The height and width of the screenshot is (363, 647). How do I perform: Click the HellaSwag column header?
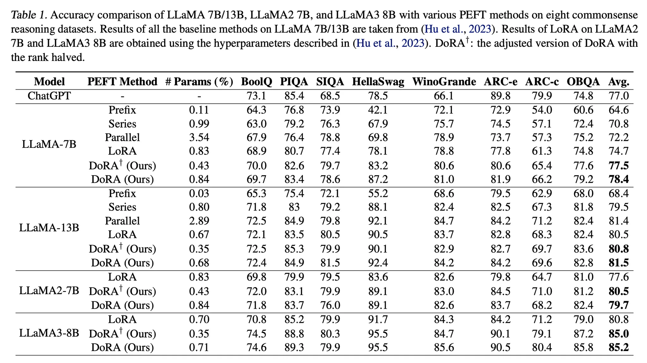[x=378, y=82]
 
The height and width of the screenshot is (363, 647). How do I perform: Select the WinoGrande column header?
[x=444, y=82]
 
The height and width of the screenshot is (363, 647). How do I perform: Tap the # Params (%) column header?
[x=199, y=82]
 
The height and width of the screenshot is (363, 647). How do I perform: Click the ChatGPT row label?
[x=49, y=96]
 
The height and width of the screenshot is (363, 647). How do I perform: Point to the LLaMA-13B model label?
[x=49, y=228]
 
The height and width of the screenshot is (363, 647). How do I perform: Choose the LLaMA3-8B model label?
[x=49, y=333]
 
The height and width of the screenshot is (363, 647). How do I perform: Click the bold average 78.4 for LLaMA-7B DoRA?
[x=619, y=179]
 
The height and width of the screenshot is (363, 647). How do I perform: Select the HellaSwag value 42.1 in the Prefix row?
[x=378, y=110]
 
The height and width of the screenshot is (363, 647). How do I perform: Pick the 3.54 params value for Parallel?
[x=199, y=137]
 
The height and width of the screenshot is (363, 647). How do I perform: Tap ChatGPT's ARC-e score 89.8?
[x=500, y=96]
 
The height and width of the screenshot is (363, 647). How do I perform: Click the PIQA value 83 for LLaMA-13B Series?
[x=294, y=207]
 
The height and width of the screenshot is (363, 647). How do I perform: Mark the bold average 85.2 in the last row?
[x=619, y=348]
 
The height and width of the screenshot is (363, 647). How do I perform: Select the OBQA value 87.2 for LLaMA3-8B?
[x=583, y=334]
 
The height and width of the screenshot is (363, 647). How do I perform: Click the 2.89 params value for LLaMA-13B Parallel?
[x=199, y=221]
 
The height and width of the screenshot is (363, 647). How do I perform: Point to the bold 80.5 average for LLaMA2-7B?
[x=619, y=291]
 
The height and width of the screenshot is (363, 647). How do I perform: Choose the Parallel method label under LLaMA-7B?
[x=122, y=137]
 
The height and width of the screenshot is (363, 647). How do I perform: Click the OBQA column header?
[x=583, y=82]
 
